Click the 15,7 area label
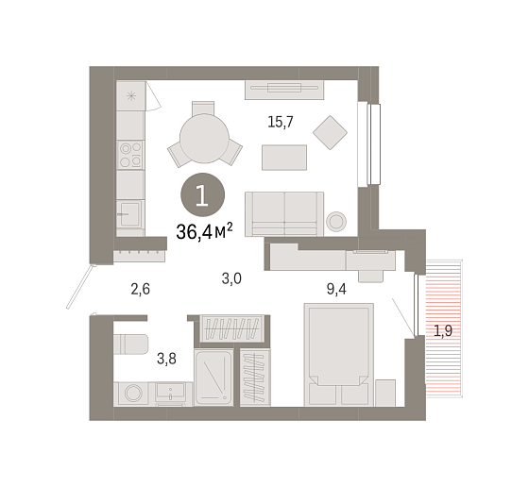280,122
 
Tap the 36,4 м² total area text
204,231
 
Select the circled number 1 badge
202,194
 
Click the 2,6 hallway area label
141,289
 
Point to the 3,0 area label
231,278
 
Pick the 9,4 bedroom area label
336,289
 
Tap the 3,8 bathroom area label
166,359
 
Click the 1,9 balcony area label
443,331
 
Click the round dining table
204,139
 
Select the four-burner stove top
130,155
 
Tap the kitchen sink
130,213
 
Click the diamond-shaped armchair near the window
330,132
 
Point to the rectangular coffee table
284,158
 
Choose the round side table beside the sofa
336,222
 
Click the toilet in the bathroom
131,344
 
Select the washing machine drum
133,393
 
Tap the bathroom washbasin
170,393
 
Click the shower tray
213,378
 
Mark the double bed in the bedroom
339,355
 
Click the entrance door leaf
80,287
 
